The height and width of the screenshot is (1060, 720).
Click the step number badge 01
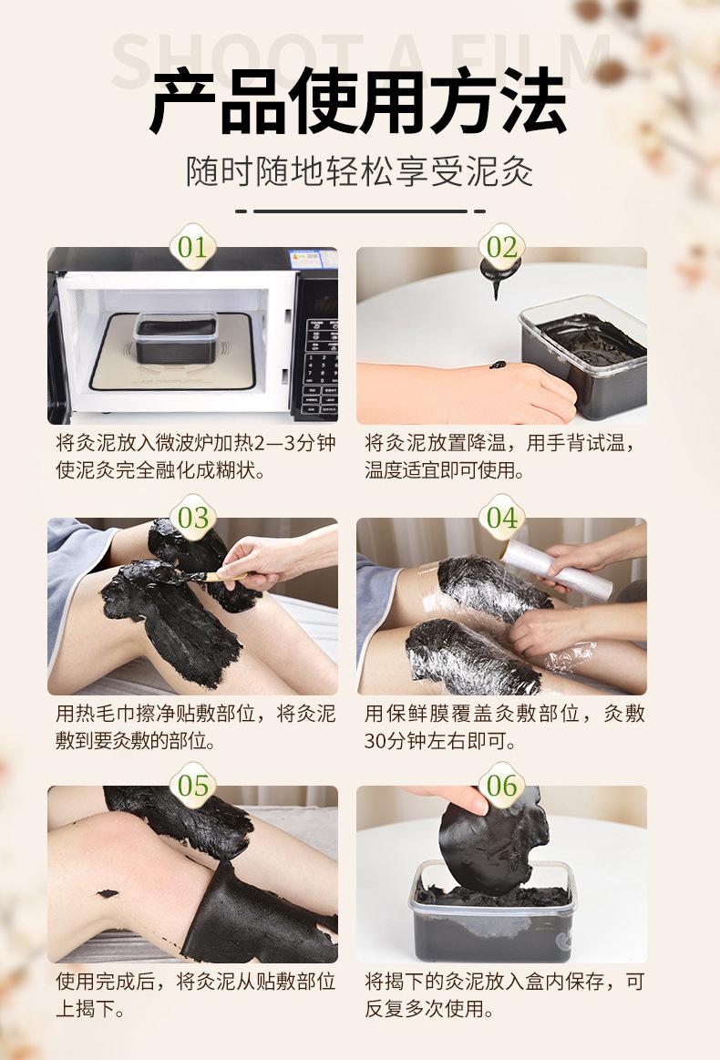tap(192, 247)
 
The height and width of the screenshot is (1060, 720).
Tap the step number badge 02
tap(501, 247)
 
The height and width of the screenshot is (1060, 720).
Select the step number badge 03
tap(192, 517)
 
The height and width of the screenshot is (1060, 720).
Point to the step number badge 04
tap(501, 517)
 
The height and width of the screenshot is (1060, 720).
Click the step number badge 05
tap(192, 785)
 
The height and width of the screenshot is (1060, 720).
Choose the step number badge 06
tap(501, 785)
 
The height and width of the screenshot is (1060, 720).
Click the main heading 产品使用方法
tap(358, 100)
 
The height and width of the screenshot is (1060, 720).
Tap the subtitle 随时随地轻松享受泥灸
tap(360, 171)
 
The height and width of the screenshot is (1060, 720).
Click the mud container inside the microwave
tap(175, 336)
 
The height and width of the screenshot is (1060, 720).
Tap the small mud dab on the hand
tap(498, 365)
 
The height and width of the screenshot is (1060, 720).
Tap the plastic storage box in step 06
tap(492, 912)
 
